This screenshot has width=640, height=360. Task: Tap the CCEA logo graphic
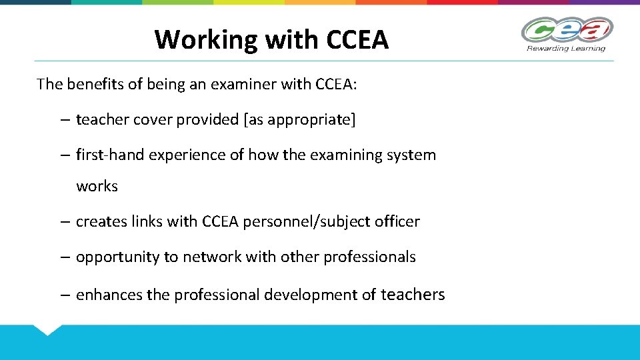567,30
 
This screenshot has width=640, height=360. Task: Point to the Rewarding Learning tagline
566,49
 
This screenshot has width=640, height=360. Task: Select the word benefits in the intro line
96,84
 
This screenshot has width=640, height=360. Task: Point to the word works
97,187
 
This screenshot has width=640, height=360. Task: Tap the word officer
397,222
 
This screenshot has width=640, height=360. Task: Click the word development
313,295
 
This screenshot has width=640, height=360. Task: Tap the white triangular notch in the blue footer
47,329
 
